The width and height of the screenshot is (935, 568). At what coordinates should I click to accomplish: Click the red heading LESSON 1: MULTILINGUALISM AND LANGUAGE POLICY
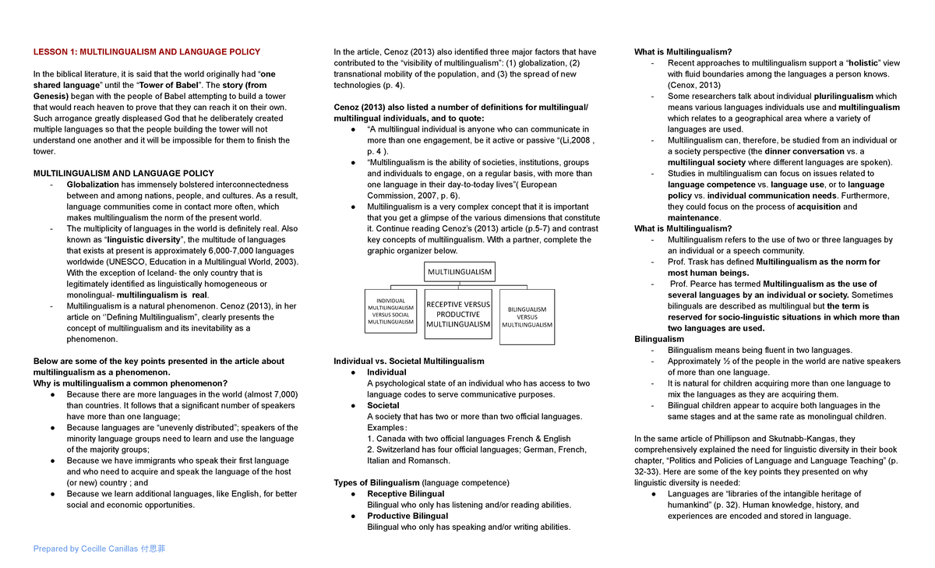[x=146, y=52]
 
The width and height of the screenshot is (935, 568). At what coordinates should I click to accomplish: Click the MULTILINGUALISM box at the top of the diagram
[x=458, y=272]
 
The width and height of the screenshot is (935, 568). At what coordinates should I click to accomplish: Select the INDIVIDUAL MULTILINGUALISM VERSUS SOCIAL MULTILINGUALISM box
[x=391, y=311]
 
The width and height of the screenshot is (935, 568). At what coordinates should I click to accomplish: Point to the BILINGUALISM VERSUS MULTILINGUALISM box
[x=527, y=317]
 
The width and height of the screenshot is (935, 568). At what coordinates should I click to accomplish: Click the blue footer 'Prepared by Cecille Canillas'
[x=99, y=549]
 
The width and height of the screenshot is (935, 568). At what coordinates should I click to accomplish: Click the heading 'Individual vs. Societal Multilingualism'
[x=408, y=362]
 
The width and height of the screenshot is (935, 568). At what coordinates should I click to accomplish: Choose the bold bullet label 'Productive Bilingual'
[x=408, y=516]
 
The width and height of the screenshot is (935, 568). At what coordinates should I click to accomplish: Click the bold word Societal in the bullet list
[x=383, y=405]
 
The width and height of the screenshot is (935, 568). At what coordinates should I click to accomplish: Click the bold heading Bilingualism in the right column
[x=659, y=339]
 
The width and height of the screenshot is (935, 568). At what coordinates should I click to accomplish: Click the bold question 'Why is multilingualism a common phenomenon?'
[x=130, y=383]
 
